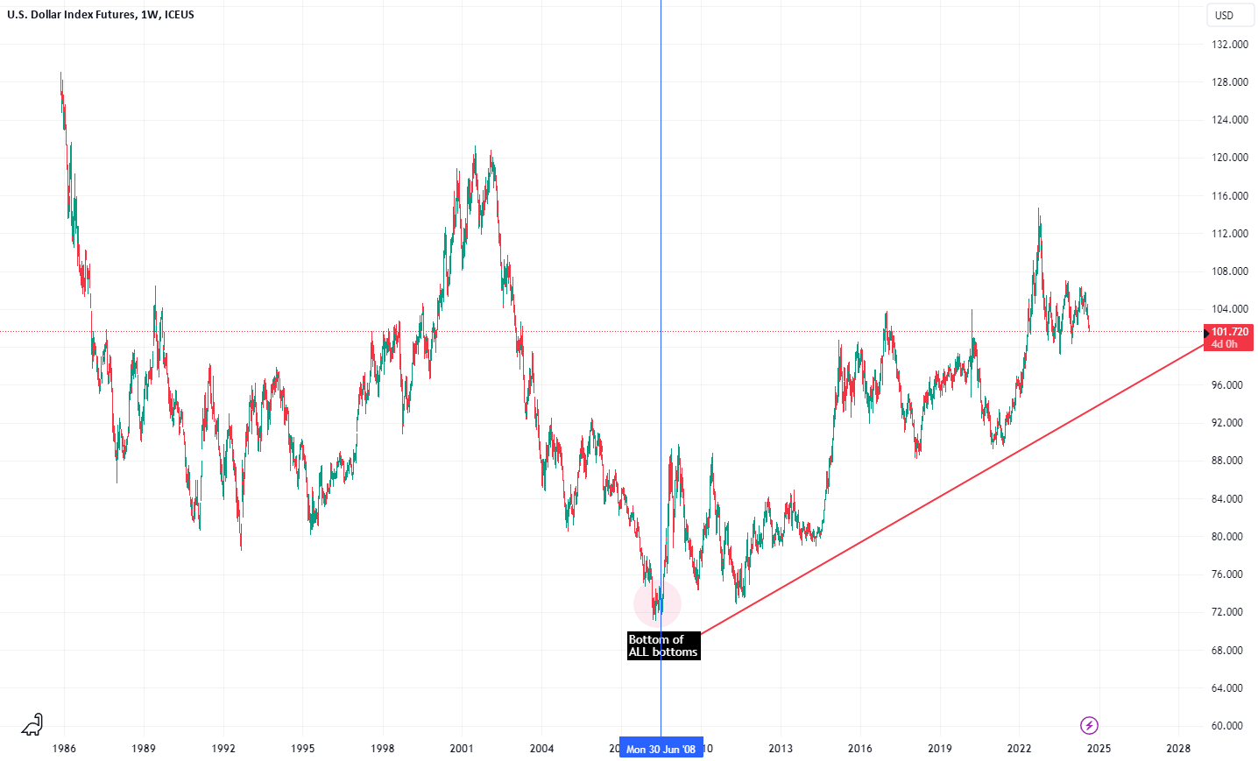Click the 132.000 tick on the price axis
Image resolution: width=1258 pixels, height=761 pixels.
pos(1229,45)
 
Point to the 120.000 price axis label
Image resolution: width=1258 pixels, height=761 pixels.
pos(1229,158)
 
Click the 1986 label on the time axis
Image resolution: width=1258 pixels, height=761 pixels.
pos(64,749)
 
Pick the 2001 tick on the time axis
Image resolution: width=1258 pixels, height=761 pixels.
pos(462,749)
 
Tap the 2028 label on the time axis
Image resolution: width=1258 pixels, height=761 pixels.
pos(1178,749)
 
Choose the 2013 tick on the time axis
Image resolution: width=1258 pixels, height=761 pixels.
pos(781,749)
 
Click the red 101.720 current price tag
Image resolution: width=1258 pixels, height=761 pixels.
pos(1229,337)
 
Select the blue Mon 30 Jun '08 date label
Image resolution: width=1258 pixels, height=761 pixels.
pos(661,749)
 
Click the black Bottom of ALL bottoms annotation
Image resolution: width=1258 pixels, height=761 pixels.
pos(663,645)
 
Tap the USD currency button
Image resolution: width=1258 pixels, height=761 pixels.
pos(1224,15)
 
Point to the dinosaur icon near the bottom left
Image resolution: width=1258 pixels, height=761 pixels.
pos(32,724)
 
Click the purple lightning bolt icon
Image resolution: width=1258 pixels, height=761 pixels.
pos(1089,725)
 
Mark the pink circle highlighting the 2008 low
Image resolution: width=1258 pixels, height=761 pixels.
pos(657,602)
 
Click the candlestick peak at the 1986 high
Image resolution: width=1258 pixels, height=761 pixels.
pos(60,74)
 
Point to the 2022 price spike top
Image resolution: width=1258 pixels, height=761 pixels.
pos(1039,209)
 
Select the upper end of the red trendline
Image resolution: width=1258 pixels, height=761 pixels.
pos(1205,343)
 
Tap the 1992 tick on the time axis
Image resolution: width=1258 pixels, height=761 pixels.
pos(223,749)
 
